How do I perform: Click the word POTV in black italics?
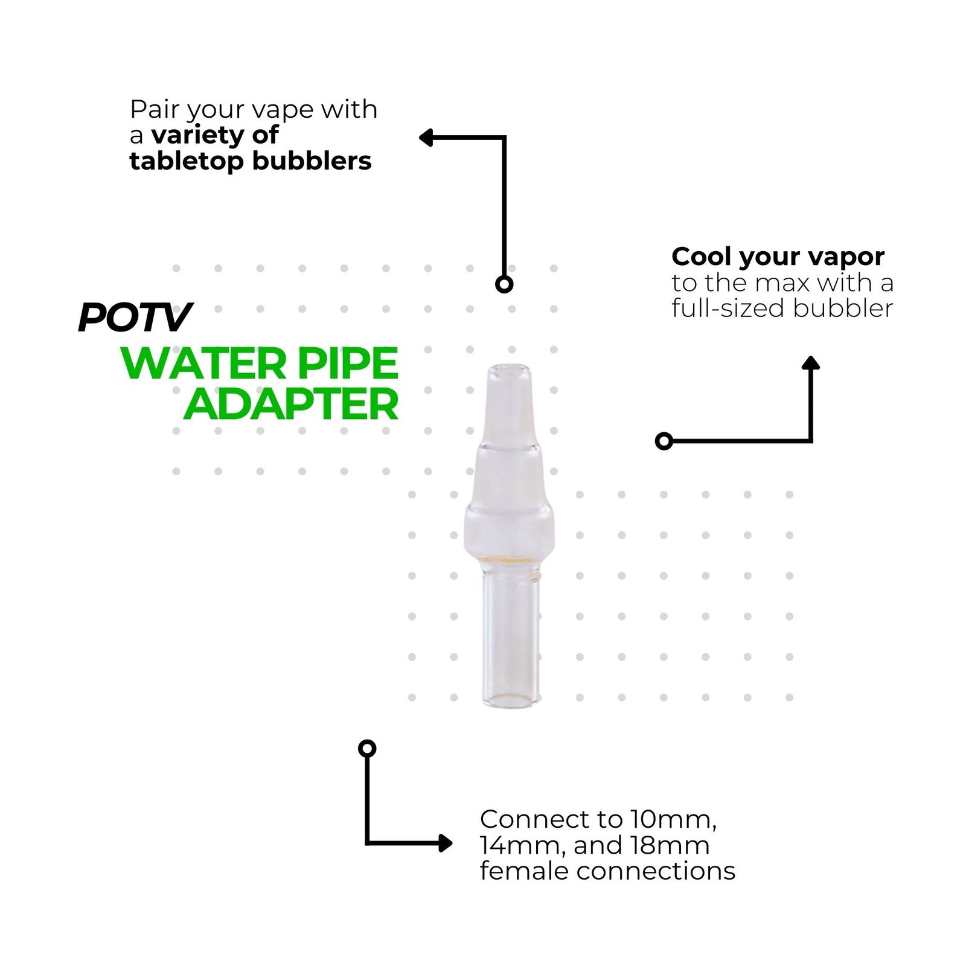135,317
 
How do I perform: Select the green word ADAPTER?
291,405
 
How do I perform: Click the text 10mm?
673,819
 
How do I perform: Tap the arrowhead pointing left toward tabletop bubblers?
425,138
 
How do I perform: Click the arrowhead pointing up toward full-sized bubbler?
810,362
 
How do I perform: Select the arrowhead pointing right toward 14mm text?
446,843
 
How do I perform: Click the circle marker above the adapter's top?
504,284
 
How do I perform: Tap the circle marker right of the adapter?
664,441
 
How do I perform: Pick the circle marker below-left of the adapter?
367,749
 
